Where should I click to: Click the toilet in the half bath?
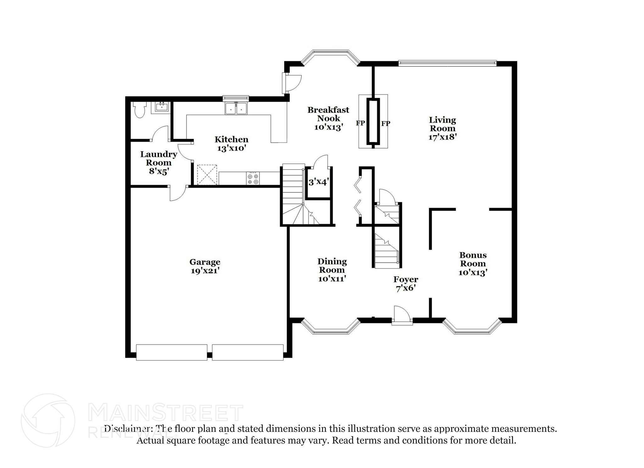(139, 110)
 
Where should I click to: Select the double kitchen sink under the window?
(236, 108)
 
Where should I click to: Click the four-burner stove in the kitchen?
(253, 179)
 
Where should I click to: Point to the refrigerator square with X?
(207, 174)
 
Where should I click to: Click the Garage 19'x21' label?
(205, 266)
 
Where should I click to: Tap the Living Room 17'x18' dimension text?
(442, 137)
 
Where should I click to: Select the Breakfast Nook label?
(328, 114)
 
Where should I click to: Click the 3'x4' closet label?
(319, 182)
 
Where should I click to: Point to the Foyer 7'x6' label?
(406, 284)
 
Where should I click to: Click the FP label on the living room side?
(386, 124)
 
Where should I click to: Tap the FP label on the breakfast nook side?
(360, 123)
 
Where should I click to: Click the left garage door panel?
(171, 352)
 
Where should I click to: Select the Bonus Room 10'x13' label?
(473, 264)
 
